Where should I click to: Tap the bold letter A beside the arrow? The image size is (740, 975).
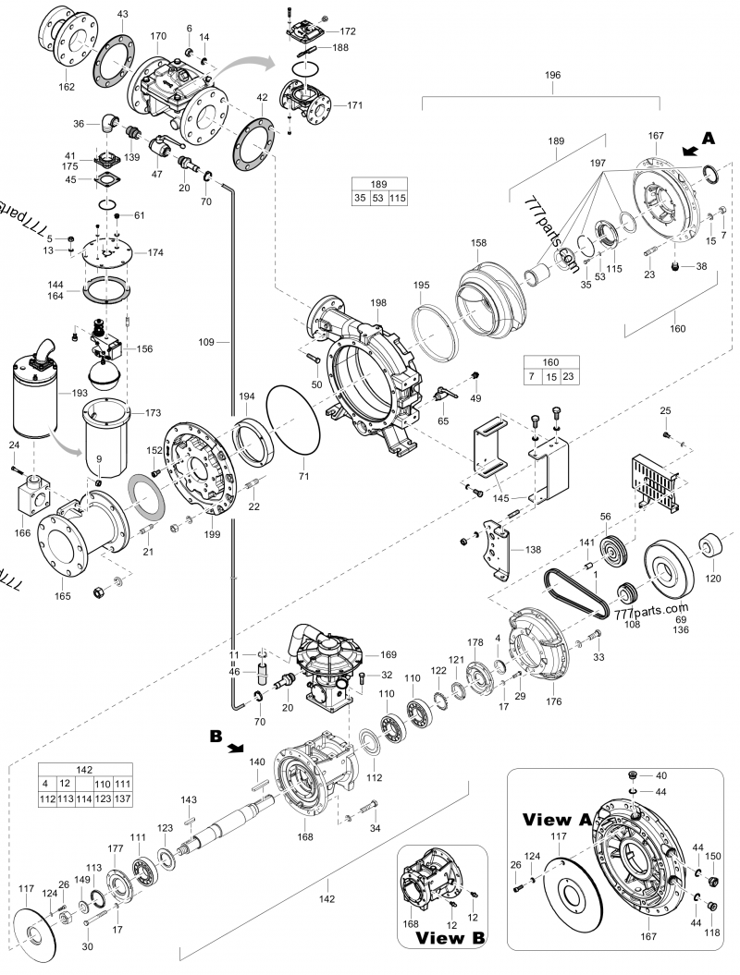pos(709,137)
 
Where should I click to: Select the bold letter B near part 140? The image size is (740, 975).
pos(216,737)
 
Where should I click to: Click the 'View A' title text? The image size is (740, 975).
pos(557,820)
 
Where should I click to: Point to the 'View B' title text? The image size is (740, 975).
pos(450,938)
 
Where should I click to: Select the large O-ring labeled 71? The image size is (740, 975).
pos(293,420)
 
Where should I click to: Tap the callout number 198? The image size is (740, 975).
pos(379,303)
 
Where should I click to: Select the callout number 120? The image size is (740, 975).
pos(712,579)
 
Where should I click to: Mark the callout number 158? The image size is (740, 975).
pos(477,244)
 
